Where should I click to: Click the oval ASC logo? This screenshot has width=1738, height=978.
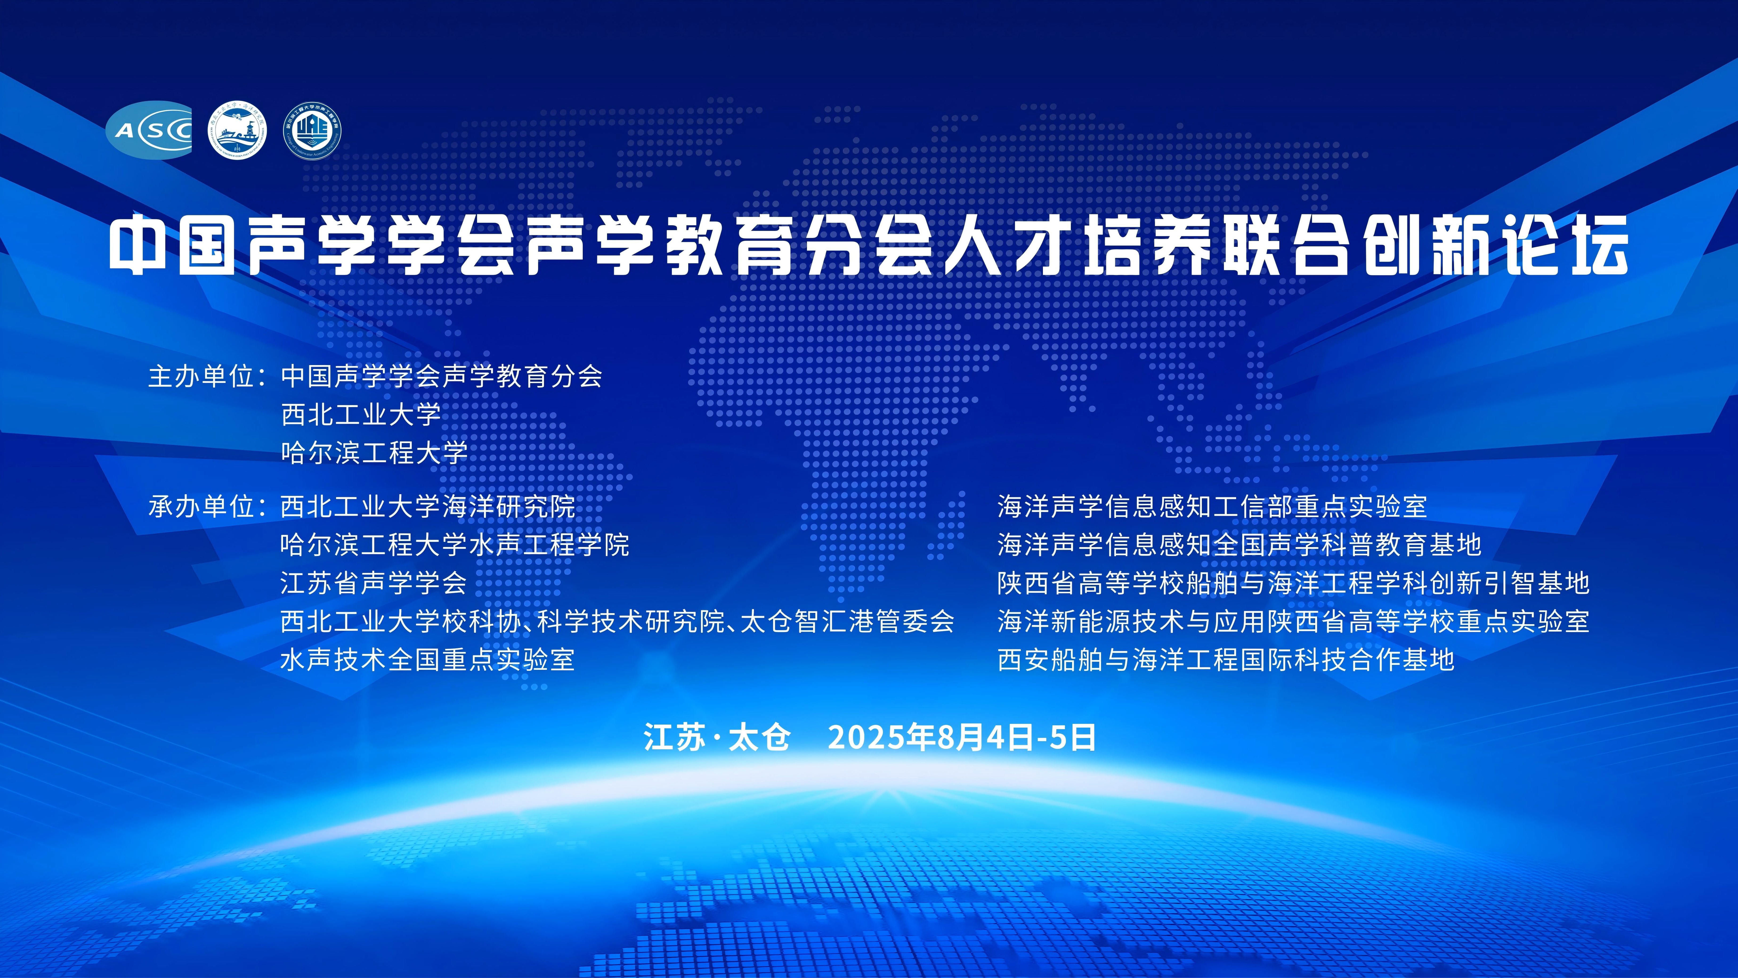click(148, 130)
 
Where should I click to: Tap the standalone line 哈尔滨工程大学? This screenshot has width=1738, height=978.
click(374, 452)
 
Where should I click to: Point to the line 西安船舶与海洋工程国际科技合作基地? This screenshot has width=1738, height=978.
click(1226, 659)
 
